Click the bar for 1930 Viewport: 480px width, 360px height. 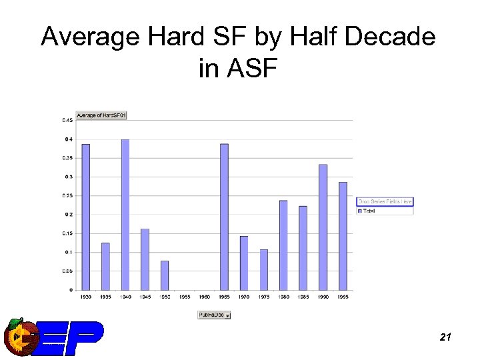pyautogui.click(x=85, y=217)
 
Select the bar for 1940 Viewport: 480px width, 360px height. pyautogui.click(x=125, y=215)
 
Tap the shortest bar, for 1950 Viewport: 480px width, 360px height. pyautogui.click(x=165, y=275)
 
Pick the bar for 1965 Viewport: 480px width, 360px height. pyautogui.click(x=224, y=217)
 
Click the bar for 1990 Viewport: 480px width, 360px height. pyautogui.click(x=323, y=227)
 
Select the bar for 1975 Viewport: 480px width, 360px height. pyautogui.click(x=263, y=269)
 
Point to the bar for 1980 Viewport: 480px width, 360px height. pyautogui.click(x=283, y=245)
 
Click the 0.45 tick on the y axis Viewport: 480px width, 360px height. pyautogui.click(x=68, y=121)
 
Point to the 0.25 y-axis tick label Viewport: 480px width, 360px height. pyautogui.click(x=68, y=196)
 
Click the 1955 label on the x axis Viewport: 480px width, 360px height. pyautogui.click(x=185, y=297)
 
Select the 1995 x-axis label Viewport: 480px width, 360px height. pyautogui.click(x=343, y=297)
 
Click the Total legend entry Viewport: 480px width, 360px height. pyautogui.click(x=369, y=211)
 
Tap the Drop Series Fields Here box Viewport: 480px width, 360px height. pyautogui.click(x=385, y=201)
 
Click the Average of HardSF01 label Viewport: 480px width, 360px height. pyautogui.click(x=101, y=115)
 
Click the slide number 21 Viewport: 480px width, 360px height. pyautogui.click(x=446, y=338)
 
